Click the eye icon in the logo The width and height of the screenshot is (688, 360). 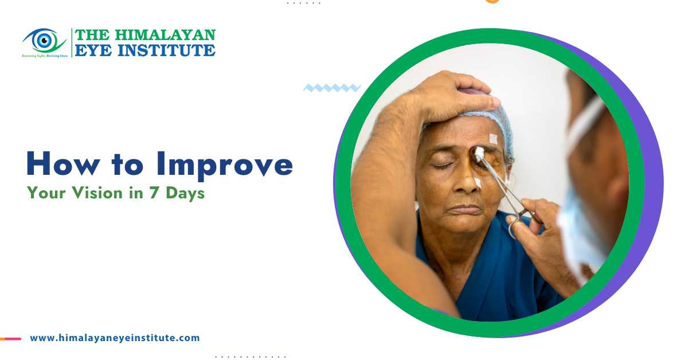point(43,40)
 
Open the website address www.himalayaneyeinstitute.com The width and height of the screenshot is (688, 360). point(115,338)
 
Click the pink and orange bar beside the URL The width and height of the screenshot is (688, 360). point(10,339)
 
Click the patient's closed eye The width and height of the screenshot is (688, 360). point(442,165)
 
